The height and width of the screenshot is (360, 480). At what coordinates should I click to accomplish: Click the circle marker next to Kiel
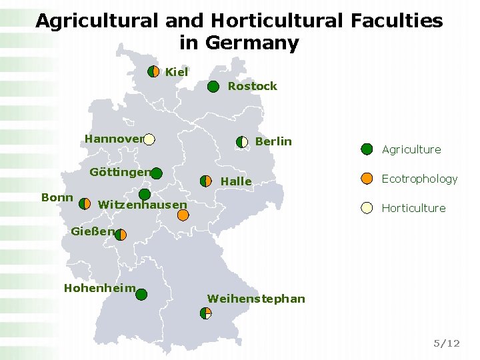(154, 71)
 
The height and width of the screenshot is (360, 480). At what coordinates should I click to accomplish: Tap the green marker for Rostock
(213, 86)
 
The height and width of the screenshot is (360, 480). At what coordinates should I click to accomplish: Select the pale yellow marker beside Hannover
(149, 139)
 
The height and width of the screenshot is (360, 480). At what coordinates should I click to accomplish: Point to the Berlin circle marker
(242, 141)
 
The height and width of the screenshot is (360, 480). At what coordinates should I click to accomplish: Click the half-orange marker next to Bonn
(85, 203)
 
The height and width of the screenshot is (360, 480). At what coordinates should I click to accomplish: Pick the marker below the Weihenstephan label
(205, 313)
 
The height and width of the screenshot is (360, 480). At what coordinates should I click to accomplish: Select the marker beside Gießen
(121, 235)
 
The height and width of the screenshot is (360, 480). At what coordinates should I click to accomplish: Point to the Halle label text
(236, 181)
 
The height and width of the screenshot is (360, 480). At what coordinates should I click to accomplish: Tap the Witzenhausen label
(142, 205)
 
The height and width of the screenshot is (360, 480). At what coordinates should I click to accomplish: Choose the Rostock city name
(252, 86)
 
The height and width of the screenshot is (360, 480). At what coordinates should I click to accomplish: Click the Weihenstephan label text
(256, 299)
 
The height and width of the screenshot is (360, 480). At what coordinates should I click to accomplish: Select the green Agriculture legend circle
(367, 149)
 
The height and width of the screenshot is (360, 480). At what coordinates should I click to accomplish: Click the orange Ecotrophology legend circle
(367, 178)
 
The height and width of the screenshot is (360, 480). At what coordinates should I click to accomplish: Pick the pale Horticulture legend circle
(367, 207)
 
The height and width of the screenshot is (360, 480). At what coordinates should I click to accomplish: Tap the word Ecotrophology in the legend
(419, 179)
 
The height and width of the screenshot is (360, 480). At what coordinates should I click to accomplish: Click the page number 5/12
(446, 343)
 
